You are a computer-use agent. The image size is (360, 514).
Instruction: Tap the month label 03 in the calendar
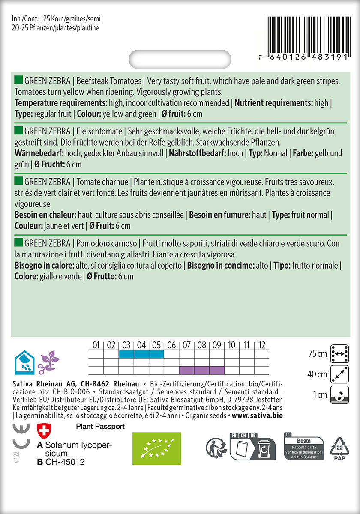[x=126, y=345]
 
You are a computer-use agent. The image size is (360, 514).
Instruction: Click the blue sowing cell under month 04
[x=141, y=354]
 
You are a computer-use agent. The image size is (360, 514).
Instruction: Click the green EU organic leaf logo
[x=156, y=448]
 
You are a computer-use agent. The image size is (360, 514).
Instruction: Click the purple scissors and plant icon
[x=48, y=362]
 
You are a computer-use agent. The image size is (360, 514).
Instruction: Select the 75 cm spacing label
[x=317, y=354]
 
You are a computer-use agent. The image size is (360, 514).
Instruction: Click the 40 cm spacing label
[x=317, y=374]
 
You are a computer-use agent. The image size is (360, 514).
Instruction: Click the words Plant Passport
[x=100, y=427]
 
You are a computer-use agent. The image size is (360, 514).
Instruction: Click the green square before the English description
[x=18, y=80]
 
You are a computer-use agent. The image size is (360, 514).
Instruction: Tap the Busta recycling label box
[x=303, y=448]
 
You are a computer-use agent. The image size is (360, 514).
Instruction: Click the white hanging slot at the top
[x=180, y=60]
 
